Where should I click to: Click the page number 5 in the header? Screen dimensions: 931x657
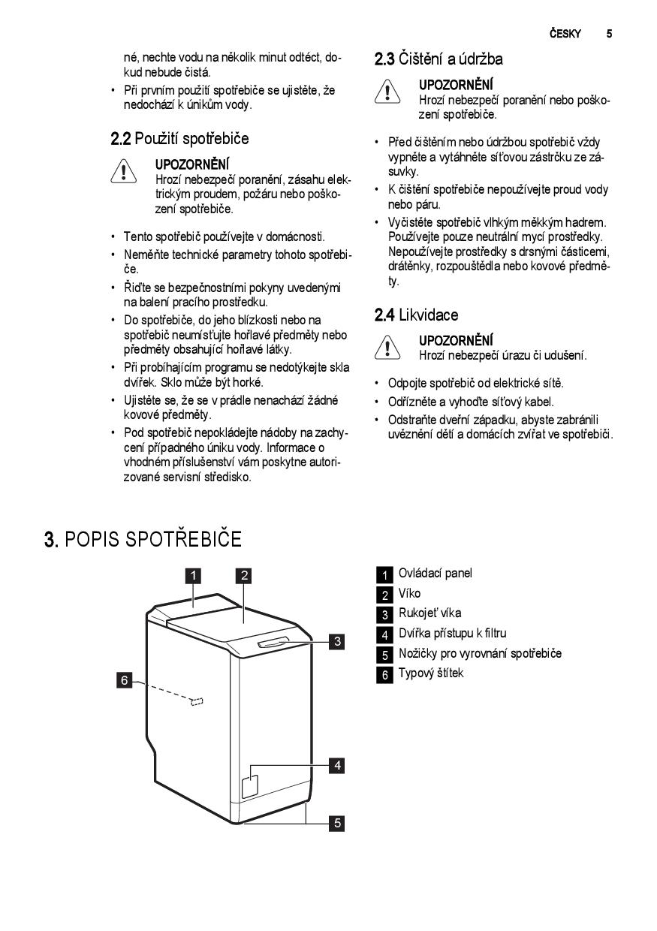[x=610, y=34]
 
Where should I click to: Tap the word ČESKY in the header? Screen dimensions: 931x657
[x=565, y=34]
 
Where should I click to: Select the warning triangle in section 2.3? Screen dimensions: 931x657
[x=386, y=92]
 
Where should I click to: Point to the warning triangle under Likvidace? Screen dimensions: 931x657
[x=386, y=346]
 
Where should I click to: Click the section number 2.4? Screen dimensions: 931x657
[x=384, y=315]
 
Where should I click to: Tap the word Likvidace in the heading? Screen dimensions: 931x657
[x=428, y=315]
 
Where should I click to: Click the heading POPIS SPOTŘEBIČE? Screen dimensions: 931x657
[x=153, y=539]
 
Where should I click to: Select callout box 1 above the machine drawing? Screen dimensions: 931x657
[x=193, y=576]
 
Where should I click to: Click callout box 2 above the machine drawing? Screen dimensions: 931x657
[x=243, y=576]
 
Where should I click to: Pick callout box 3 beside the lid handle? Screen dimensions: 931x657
[x=338, y=641]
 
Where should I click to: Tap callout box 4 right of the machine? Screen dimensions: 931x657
[x=338, y=765]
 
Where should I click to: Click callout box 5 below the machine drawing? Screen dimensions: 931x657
[x=338, y=823]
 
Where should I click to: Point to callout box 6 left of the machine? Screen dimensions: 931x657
[x=125, y=680]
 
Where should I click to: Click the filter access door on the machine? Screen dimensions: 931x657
[x=250, y=784]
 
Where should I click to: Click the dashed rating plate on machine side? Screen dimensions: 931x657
[x=197, y=701]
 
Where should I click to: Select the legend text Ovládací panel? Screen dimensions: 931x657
[x=435, y=574]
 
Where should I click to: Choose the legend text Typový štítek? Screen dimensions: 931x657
[x=430, y=673]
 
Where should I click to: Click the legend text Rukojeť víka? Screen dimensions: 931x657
[x=429, y=613]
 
